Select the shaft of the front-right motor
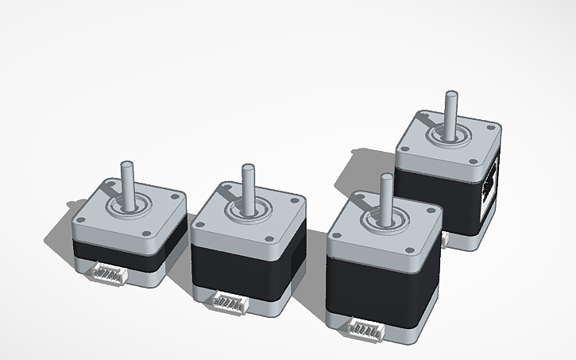click(x=386, y=195)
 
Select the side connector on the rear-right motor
click(x=490, y=185)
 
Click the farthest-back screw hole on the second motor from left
click(x=227, y=188)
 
